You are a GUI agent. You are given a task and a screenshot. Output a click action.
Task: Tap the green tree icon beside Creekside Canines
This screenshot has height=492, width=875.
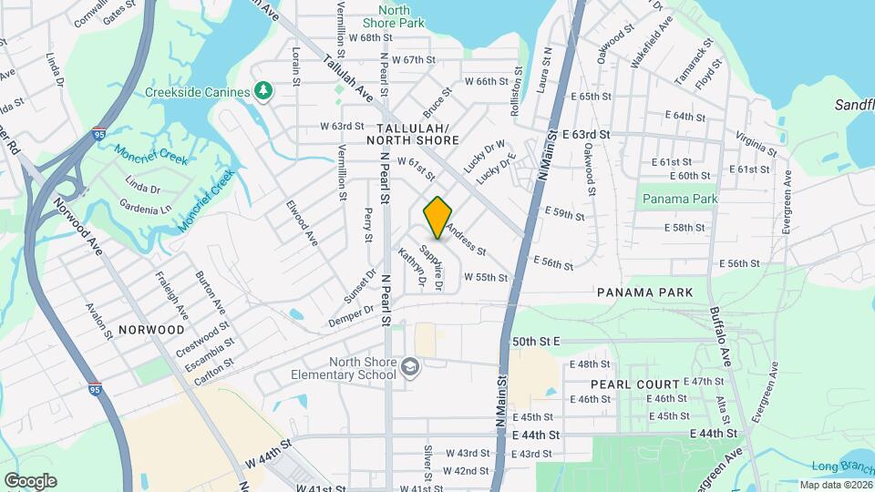coord(264,91)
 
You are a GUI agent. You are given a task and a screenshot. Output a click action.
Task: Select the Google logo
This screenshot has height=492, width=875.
coord(30,480)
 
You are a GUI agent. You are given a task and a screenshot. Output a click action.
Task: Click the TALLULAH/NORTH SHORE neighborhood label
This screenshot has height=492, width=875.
coord(413,134)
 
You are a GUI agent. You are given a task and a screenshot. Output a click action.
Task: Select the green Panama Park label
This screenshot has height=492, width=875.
coord(679,199)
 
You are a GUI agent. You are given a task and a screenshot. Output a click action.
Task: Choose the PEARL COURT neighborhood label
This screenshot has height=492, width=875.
coord(634,384)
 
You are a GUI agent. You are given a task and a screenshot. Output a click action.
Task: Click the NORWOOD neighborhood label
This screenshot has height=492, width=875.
coord(150,329)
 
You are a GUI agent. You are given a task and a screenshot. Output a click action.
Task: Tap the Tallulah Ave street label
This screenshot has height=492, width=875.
coord(347,77)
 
